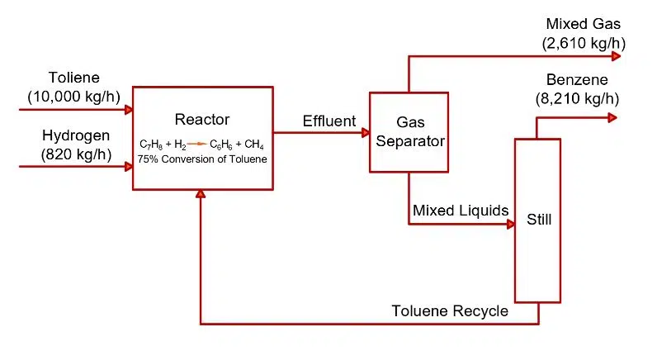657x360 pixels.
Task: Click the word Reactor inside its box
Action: [x=202, y=120]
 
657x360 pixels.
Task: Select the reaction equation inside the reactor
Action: [x=202, y=144]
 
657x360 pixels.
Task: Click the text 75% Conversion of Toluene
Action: [x=202, y=159]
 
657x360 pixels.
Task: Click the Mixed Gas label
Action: [x=583, y=24]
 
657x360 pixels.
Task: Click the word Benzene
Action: [x=577, y=80]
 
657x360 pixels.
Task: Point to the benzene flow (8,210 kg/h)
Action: [x=577, y=98]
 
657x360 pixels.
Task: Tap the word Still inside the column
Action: [x=539, y=220]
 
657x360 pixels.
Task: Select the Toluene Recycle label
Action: [x=450, y=311]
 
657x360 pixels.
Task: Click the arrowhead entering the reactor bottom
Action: [x=201, y=194]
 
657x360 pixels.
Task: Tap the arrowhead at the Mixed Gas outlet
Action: [x=616, y=56]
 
